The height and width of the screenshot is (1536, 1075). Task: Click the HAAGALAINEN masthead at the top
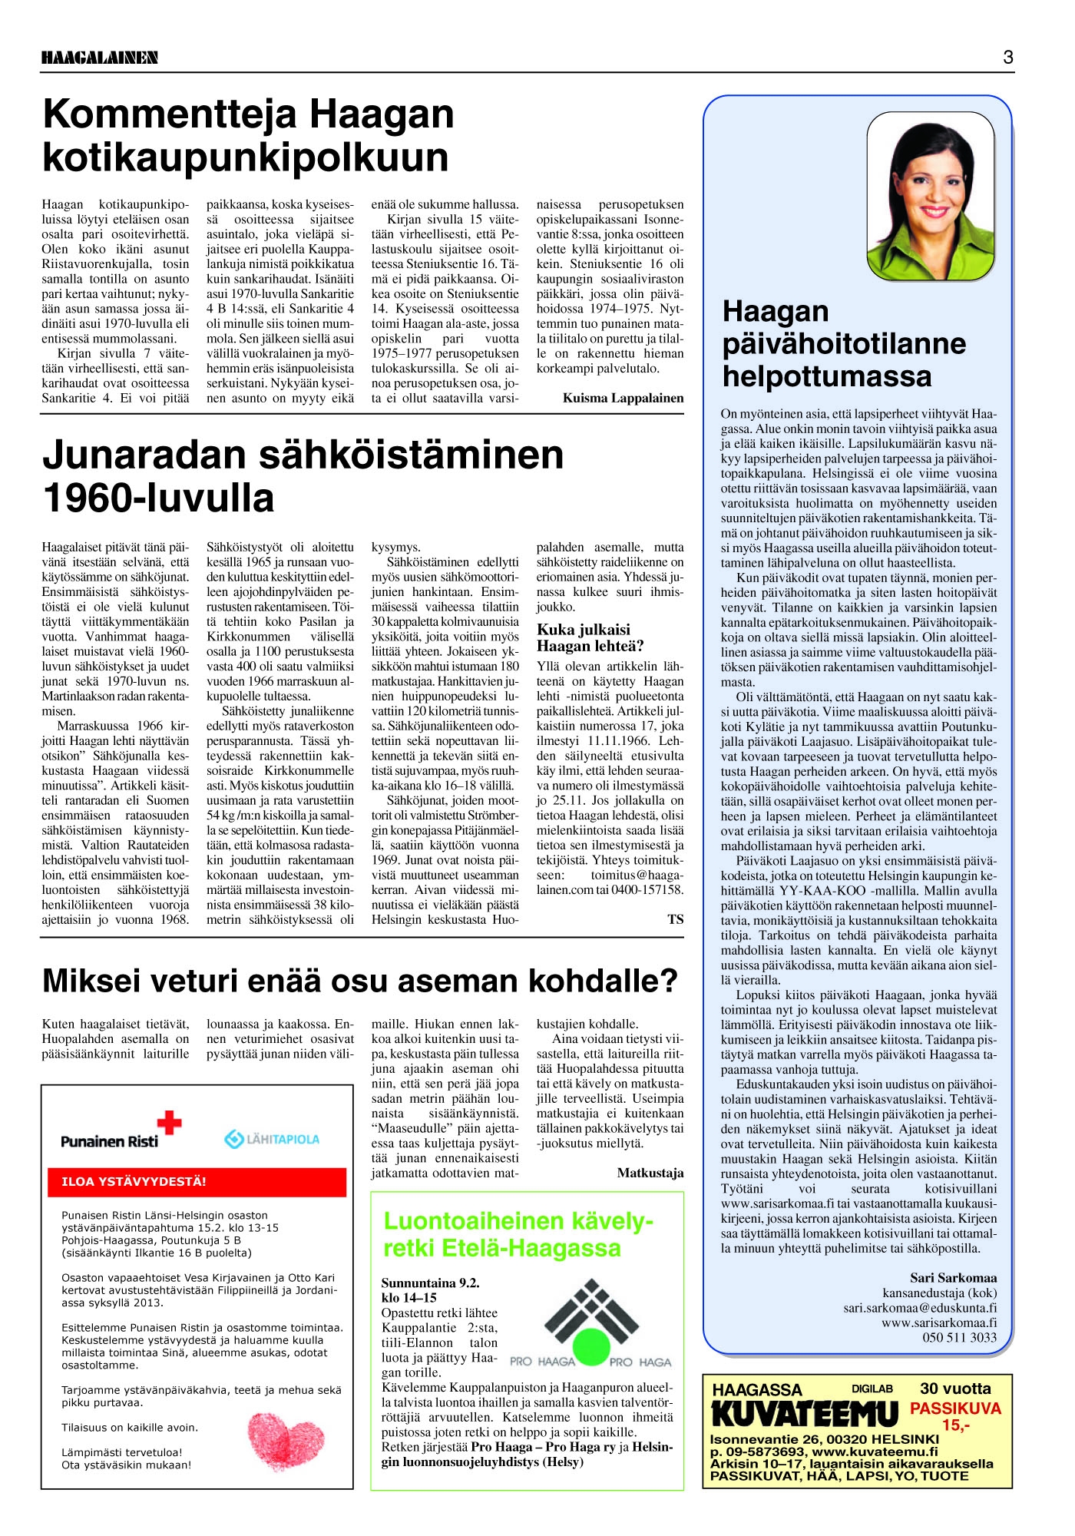click(x=100, y=58)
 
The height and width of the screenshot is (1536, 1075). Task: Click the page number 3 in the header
click(x=1008, y=57)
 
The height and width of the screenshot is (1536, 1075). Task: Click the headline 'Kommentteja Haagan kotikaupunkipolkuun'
click(x=249, y=135)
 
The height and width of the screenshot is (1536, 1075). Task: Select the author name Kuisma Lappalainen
click(x=623, y=398)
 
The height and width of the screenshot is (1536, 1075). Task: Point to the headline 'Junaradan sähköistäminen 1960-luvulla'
click(x=303, y=476)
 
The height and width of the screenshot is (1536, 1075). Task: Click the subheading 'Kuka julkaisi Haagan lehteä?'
click(x=590, y=637)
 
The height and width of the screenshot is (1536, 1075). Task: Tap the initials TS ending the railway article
click(x=675, y=919)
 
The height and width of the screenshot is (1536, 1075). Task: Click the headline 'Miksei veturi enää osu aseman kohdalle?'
click(x=360, y=981)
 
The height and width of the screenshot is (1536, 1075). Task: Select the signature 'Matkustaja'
click(x=650, y=1173)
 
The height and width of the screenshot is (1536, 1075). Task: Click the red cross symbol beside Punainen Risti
click(x=169, y=1124)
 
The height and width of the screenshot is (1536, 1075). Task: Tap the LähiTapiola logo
click(x=272, y=1139)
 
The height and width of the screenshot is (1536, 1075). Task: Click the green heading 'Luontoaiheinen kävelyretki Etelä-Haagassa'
click(x=518, y=1234)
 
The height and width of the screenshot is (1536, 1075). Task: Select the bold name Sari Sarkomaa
click(x=953, y=1278)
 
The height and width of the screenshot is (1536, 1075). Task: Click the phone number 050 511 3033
click(x=959, y=1337)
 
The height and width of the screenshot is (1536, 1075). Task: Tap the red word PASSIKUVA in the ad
click(x=955, y=1409)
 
